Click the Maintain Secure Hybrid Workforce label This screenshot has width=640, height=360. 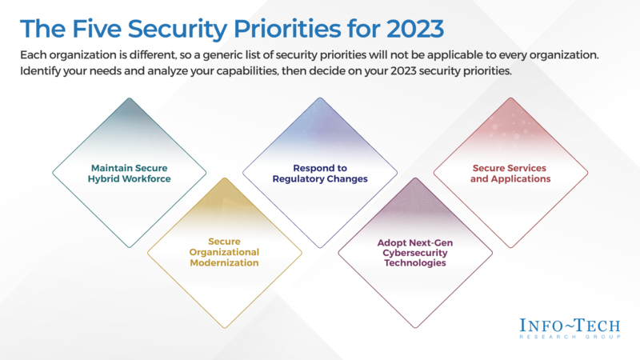coord(130,174)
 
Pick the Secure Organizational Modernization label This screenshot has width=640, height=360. coord(224,251)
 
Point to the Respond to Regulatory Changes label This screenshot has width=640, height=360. coord(319,174)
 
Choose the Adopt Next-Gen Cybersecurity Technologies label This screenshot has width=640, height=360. coord(414,251)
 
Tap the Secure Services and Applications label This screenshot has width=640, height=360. coord(510,174)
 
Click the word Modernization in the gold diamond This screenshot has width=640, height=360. coord(224,262)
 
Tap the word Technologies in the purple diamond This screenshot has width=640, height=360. coord(414,262)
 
